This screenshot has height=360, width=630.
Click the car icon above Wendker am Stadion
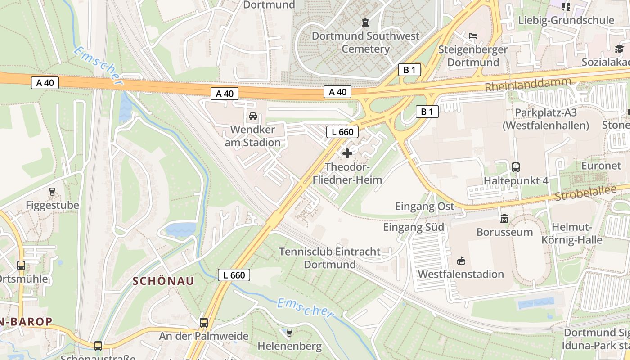253,116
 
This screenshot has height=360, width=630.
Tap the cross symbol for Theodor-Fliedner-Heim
347,153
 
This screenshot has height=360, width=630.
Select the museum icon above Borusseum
504,219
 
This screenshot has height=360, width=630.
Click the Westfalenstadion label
461,274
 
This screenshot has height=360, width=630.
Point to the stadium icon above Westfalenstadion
461,261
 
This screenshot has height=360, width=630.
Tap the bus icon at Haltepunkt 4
516,167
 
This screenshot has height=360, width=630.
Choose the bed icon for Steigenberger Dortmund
472,36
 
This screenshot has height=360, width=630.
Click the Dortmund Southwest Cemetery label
365,42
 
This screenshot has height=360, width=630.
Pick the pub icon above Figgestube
52,192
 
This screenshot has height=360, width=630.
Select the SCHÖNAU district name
163,281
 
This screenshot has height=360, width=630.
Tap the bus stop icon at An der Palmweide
204,322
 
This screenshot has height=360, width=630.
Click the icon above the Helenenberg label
289,333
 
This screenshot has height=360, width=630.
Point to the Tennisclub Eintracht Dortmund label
330,258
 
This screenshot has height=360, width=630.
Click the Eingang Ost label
425,207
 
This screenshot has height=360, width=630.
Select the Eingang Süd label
414,227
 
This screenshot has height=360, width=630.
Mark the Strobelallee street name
585,193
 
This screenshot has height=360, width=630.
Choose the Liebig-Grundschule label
566,20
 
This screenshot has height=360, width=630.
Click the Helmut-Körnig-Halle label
571,233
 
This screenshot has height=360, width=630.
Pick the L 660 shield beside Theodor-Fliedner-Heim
342,132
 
